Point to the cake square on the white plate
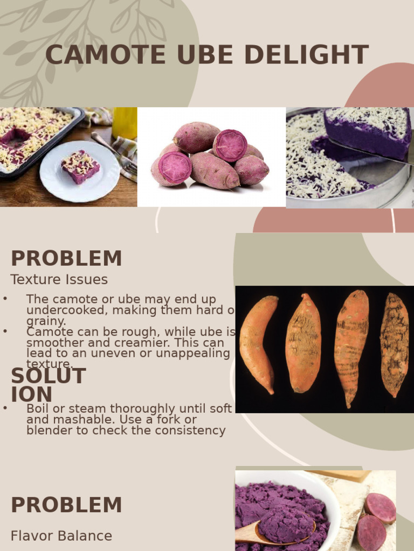click(80, 166)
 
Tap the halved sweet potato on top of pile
click(230, 146)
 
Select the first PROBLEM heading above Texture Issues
click(66, 259)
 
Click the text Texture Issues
click(59, 280)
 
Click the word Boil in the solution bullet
click(37, 408)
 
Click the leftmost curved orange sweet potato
click(258, 342)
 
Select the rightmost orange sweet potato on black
click(394, 344)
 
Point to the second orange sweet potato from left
click(303, 343)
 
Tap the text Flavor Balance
click(61, 536)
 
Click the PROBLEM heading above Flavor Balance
click(66, 505)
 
